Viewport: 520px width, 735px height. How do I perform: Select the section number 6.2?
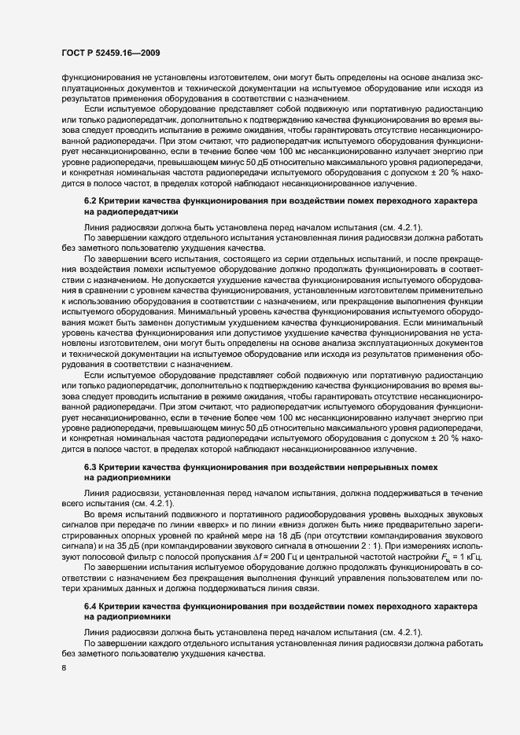click(90, 201)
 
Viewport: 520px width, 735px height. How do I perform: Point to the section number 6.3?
click(90, 467)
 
